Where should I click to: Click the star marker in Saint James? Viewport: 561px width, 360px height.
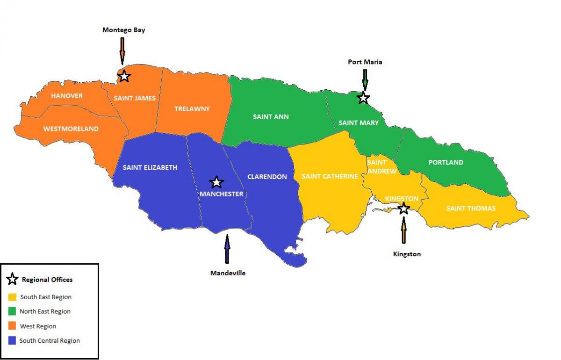point(124,76)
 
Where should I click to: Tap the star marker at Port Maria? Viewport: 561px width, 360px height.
point(363,98)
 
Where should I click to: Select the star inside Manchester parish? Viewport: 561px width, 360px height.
point(216,182)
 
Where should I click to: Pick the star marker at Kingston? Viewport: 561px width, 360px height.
point(403,209)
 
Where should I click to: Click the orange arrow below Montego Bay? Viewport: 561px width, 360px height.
point(122,50)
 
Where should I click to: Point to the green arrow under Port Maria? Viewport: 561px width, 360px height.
point(365,79)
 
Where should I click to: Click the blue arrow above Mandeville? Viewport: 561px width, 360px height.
point(227,249)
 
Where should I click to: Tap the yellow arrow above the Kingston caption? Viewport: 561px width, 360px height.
point(403,230)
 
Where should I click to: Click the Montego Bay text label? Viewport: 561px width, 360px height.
point(124,30)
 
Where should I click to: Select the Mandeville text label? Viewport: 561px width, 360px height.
point(228,273)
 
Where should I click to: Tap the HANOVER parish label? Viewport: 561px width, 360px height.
point(67,96)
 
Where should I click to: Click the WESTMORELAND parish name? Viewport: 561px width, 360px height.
point(71,129)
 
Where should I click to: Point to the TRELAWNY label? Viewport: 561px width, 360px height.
point(192,108)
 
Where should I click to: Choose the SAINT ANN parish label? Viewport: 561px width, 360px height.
point(271,116)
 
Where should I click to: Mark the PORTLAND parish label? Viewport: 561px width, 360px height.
point(446,162)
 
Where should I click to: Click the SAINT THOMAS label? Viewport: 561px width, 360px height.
point(471,208)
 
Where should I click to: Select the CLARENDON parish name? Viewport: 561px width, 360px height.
point(267,177)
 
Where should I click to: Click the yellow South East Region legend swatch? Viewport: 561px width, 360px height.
point(13,297)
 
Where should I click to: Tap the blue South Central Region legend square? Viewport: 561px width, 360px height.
point(13,340)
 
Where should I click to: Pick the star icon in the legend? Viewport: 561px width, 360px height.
point(13,280)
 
